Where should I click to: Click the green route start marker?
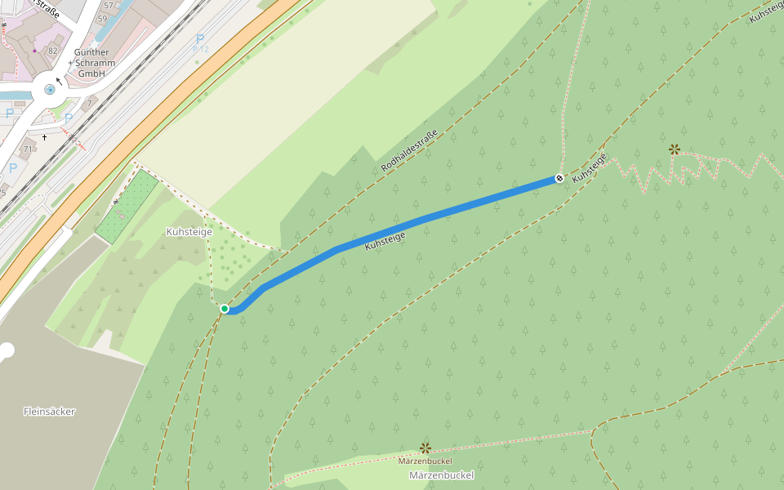tap(225, 309)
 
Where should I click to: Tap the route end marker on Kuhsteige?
tap(559, 178)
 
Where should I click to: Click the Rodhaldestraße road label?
tap(410, 151)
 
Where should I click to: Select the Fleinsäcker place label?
tap(49, 412)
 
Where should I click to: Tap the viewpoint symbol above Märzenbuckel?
tap(425, 448)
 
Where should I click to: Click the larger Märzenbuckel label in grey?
tap(441, 475)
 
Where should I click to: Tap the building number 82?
tap(53, 51)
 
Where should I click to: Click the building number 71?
tap(28, 149)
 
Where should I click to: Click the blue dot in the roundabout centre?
tap(51, 90)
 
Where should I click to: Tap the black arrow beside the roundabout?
tap(58, 81)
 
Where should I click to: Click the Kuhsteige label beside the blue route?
tap(385, 240)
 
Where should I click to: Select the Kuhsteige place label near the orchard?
tap(189, 232)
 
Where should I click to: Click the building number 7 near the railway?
tap(90, 104)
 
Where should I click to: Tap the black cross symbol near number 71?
tap(45, 136)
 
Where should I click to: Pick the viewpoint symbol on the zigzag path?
tap(674, 149)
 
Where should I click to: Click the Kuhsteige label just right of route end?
tap(590, 167)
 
